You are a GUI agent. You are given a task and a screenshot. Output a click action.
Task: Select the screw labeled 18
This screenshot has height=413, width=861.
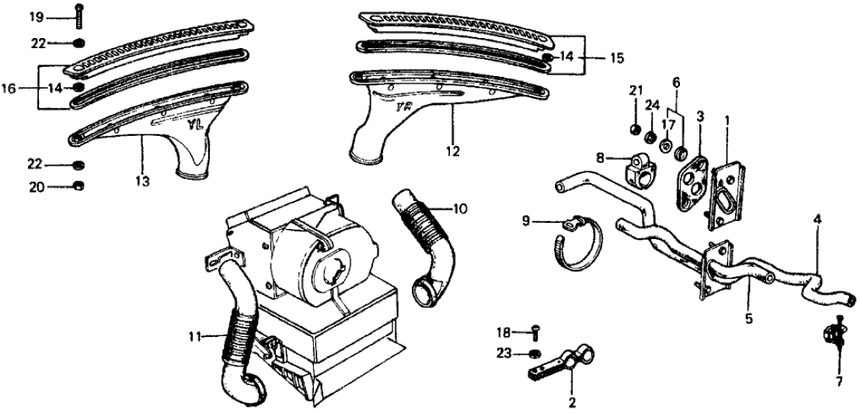click(x=535, y=333)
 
